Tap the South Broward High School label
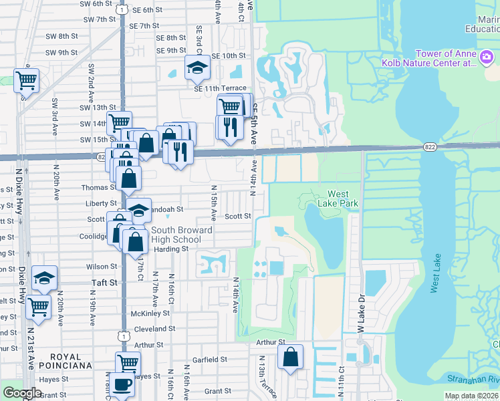click(x=182, y=235)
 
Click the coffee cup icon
click(x=123, y=384)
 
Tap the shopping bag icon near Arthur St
click(x=291, y=357)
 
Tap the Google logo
click(x=22, y=393)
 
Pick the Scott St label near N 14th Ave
click(x=237, y=216)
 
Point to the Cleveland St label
click(x=154, y=329)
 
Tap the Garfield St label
click(x=211, y=360)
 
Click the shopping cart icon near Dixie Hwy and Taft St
click(x=38, y=306)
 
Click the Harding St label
click(x=171, y=249)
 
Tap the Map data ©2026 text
click(x=471, y=396)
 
